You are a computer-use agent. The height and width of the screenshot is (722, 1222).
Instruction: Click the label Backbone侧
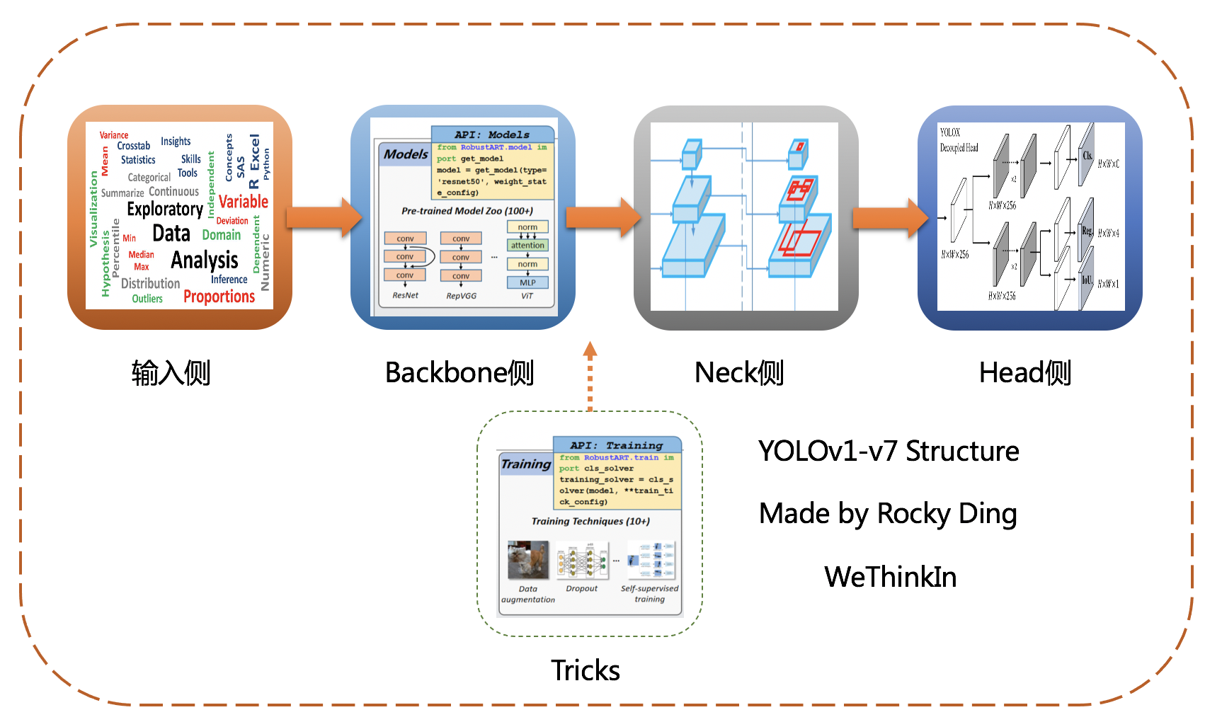click(459, 373)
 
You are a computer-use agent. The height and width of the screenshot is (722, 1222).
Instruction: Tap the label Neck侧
click(739, 373)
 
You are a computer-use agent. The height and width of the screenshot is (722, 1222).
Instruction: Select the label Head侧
click(1024, 373)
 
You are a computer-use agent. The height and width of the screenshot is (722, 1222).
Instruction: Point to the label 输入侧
click(171, 373)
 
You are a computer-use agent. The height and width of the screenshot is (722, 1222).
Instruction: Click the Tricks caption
click(586, 670)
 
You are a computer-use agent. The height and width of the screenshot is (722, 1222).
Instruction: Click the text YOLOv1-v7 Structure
click(888, 451)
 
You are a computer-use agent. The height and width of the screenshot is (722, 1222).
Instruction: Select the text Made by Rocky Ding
click(888, 514)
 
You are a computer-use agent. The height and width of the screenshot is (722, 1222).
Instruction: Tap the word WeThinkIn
click(890, 577)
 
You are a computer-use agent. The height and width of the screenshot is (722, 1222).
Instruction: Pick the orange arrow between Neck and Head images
click(889, 217)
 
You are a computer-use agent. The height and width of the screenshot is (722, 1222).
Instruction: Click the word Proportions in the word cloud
click(219, 297)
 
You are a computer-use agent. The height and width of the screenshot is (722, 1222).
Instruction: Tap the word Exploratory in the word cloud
click(165, 210)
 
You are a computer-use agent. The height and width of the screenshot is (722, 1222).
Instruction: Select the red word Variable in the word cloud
click(243, 202)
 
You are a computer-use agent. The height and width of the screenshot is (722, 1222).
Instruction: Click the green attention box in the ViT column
click(527, 246)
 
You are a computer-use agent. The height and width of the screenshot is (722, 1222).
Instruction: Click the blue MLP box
click(527, 282)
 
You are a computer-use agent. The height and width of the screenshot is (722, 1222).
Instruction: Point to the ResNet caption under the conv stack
click(405, 295)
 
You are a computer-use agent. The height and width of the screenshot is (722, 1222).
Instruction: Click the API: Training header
click(617, 445)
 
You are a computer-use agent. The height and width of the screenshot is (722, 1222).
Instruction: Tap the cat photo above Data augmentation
click(528, 560)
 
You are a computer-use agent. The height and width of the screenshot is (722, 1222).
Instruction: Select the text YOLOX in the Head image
click(949, 132)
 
